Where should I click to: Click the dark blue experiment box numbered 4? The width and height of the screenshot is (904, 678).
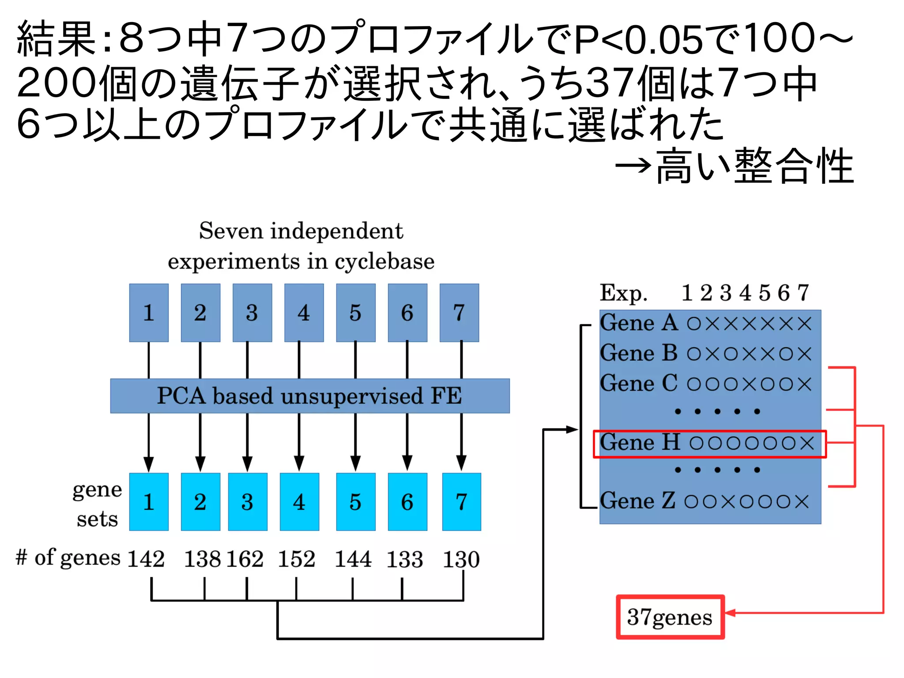click(x=304, y=313)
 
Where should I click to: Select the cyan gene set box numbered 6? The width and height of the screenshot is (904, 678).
click(x=407, y=502)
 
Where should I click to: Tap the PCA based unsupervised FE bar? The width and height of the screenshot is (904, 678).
click(x=310, y=396)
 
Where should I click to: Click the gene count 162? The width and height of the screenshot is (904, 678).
click(x=245, y=559)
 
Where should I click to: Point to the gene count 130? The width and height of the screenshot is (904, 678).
click(x=461, y=559)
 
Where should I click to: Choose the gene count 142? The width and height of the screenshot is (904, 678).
click(x=146, y=559)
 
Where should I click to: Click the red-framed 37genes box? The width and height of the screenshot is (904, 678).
click(x=670, y=617)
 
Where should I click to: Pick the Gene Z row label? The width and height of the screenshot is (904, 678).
click(x=637, y=501)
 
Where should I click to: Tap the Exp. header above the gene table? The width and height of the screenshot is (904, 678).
click(x=623, y=293)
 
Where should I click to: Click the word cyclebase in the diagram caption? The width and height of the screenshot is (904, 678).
click(x=384, y=261)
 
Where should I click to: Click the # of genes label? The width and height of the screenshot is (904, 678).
click(x=68, y=557)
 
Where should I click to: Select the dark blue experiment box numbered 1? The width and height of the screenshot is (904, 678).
click(x=149, y=313)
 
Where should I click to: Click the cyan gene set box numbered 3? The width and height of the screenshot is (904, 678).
click(x=247, y=502)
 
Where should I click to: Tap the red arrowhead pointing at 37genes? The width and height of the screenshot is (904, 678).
click(x=730, y=613)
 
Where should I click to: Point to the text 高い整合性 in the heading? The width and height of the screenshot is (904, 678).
click(x=755, y=167)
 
